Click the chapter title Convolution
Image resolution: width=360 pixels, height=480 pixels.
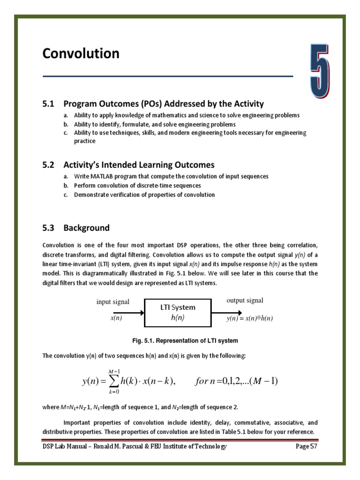pyautogui.click(x=81, y=54)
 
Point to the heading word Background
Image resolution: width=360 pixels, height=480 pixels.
pyautogui.click(x=86, y=228)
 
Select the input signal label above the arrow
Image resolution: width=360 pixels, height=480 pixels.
pyautogui.click(x=113, y=301)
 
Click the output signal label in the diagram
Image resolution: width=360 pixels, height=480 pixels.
pyautogui.click(x=245, y=300)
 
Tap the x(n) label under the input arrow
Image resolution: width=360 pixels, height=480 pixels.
pyautogui.click(x=116, y=318)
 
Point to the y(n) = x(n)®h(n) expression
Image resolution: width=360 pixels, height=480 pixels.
pyautogui.click(x=249, y=318)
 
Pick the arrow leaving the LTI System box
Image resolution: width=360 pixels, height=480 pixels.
pyautogui.click(x=227, y=311)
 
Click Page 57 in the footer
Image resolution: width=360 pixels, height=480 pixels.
pyautogui.click(x=307, y=446)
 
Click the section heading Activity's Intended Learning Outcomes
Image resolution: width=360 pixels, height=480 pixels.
pyautogui.click(x=139, y=165)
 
